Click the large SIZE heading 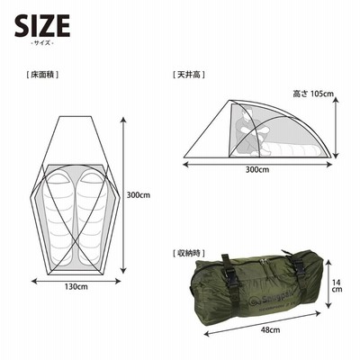click(x=42, y=25)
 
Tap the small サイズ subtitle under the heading click(x=42, y=43)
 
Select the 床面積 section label click(x=42, y=75)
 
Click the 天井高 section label click(x=189, y=75)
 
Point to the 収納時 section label click(x=189, y=254)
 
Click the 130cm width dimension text click(x=76, y=287)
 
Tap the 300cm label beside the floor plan click(x=139, y=195)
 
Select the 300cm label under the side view click(x=257, y=170)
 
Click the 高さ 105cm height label click(x=313, y=94)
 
